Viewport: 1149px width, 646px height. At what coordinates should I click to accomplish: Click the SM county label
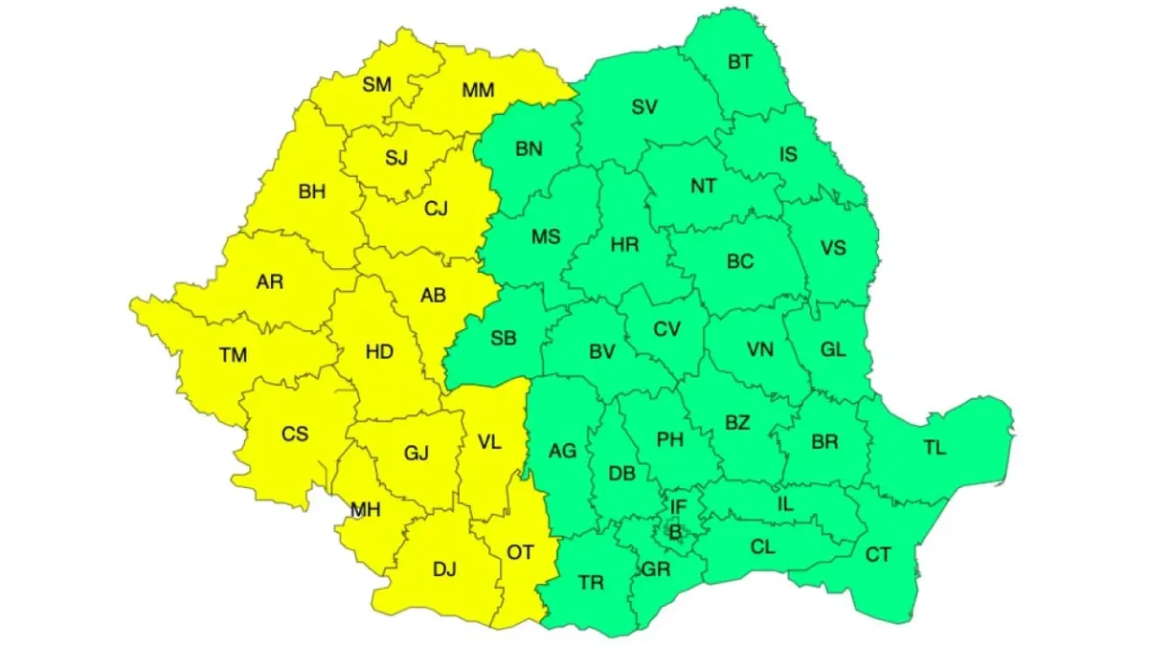coord(377,84)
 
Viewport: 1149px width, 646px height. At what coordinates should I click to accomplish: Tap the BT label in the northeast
coord(740,62)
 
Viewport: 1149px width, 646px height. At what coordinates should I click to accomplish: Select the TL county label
coord(935,447)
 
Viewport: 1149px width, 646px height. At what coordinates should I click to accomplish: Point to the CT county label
coord(878,554)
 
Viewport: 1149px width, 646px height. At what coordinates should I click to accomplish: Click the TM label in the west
coord(233,355)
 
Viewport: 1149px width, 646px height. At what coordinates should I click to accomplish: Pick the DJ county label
coord(444,569)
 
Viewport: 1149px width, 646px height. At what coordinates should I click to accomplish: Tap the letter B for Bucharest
coord(675,531)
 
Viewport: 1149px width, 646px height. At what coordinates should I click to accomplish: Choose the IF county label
coord(678,506)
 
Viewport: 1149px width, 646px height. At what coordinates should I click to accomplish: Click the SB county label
coord(504,338)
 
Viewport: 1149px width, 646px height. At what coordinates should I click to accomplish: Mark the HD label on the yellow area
coord(379,351)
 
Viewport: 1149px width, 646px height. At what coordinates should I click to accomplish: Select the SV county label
coord(644,107)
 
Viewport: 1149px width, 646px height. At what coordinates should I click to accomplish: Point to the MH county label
coord(365,510)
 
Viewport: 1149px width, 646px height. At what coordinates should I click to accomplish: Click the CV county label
coord(666,329)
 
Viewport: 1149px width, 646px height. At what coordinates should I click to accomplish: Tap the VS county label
coord(833,247)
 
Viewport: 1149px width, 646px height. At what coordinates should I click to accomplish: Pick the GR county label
coord(656,569)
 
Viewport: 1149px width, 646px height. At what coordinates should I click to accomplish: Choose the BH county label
coord(312,191)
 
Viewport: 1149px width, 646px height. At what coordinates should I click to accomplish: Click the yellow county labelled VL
coord(488,442)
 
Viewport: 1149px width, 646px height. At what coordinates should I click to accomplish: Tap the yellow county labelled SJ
coord(396,158)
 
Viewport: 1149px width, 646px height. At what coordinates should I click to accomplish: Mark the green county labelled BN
coord(529,148)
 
